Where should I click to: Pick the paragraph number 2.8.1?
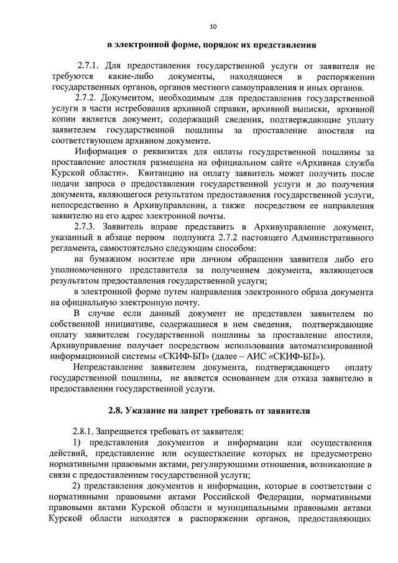86,432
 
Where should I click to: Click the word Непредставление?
109,368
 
